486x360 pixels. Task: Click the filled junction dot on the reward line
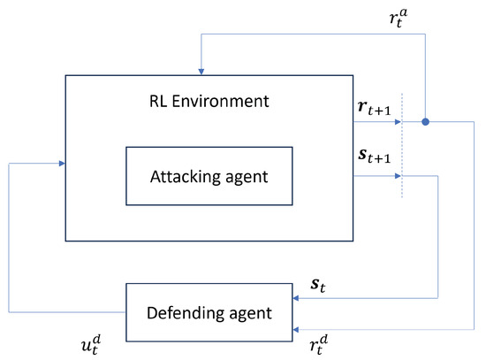click(425, 121)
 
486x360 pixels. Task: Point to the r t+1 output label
click(373, 109)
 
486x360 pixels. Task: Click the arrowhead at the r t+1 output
click(398, 121)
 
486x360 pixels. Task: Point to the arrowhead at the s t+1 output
click(398, 175)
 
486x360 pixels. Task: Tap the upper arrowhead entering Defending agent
click(296, 298)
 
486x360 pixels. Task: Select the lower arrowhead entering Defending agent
click(296, 326)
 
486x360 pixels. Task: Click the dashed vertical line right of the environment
click(403, 146)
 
